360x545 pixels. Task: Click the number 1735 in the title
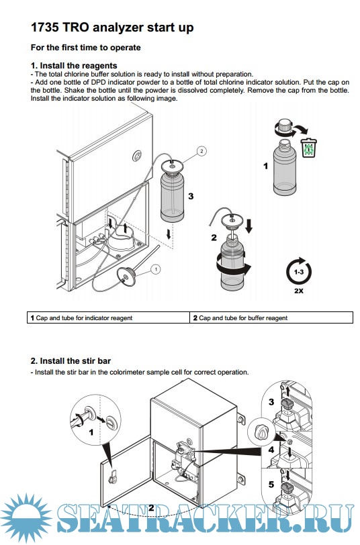click(x=44, y=28)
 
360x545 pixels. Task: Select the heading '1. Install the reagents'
click(x=74, y=65)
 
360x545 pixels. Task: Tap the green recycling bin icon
click(x=308, y=148)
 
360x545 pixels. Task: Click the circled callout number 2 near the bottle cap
click(x=201, y=151)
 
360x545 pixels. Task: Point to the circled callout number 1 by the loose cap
click(x=156, y=269)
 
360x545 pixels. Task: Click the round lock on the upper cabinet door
click(x=138, y=155)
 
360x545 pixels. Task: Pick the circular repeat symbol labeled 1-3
click(x=299, y=271)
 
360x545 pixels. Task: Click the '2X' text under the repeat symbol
click(x=299, y=291)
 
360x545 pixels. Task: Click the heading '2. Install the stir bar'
click(x=71, y=361)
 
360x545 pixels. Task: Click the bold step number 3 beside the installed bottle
click(x=191, y=197)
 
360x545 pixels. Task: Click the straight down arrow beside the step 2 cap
click(x=249, y=226)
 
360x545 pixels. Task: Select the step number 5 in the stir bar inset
click(x=271, y=484)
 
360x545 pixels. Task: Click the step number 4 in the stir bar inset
click(x=271, y=450)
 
